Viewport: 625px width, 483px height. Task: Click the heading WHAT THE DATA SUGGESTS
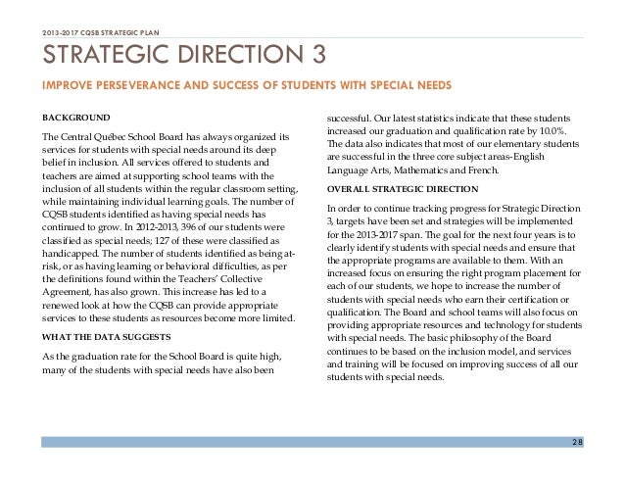coord(100,312)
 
